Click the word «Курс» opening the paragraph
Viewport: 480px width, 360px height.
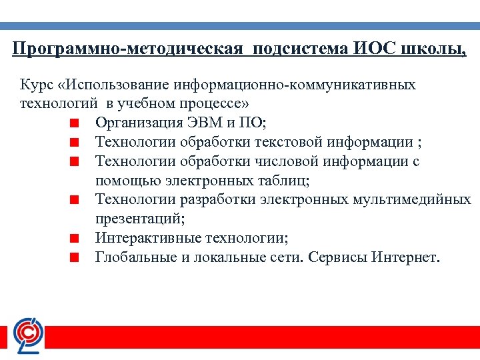[37, 85]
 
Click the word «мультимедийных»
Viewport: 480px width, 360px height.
[419, 199]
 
